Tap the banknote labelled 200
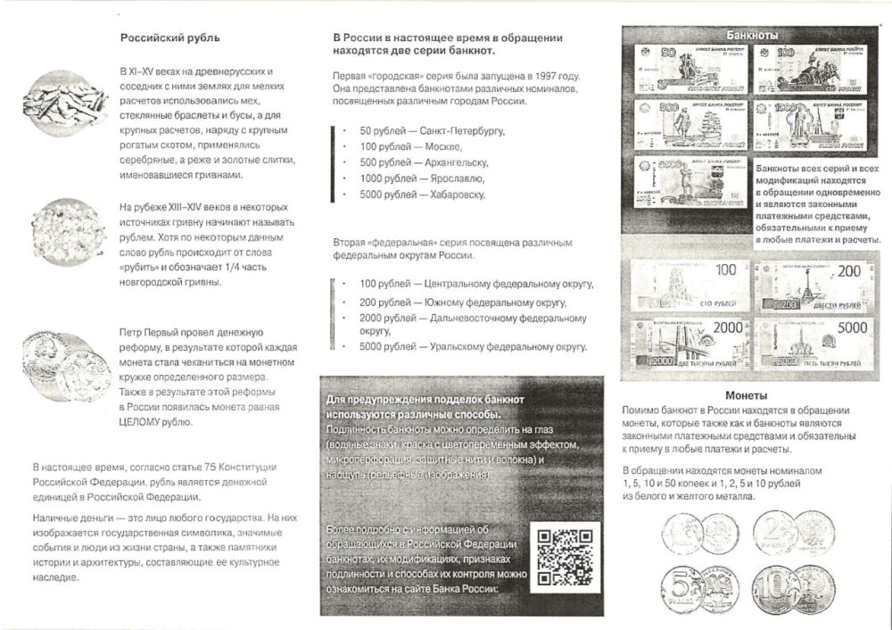[810, 284]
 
